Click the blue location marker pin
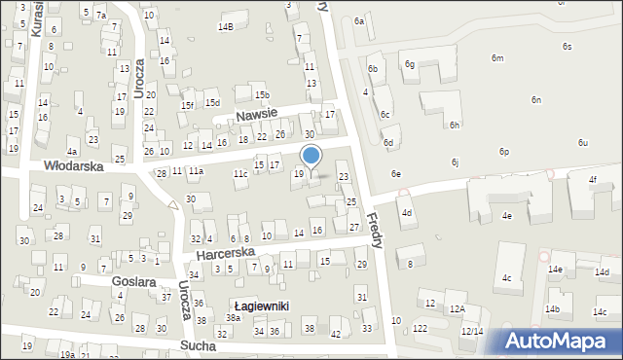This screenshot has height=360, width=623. tap(311, 157)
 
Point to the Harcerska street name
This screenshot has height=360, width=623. tap(225, 252)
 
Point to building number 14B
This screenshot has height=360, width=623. tap(226, 26)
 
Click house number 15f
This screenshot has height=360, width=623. tap(188, 105)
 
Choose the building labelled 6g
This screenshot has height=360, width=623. tap(410, 64)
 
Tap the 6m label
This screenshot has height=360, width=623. tap(497, 58)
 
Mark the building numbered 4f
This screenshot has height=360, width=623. tap(592, 180)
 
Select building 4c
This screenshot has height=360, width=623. tap(506, 278)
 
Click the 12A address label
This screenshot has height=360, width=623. tap(458, 308)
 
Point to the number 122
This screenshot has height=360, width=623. tap(419, 329)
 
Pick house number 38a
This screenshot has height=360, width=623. tap(234, 318)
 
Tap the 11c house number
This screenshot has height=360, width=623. tap(239, 173)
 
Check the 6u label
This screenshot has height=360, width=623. tap(582, 143)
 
